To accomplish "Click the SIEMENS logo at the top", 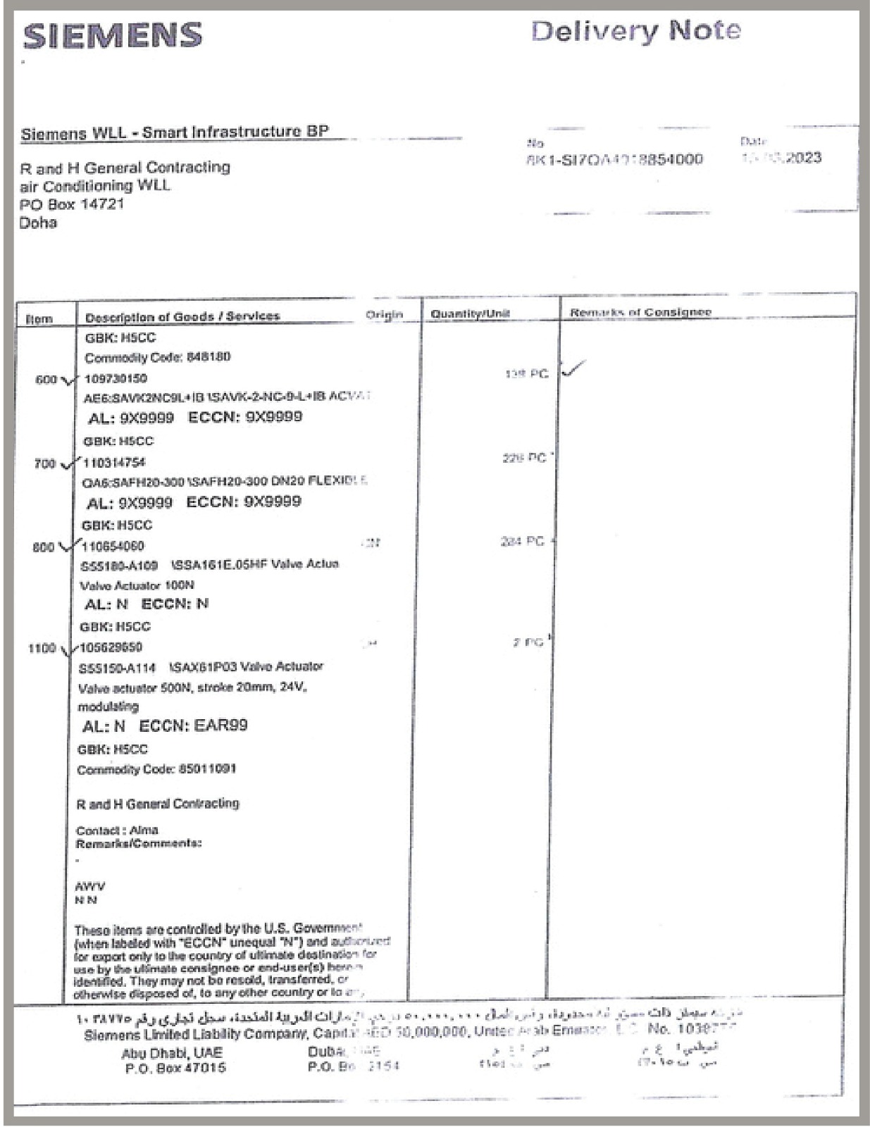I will coord(113,36).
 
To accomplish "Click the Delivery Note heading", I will coord(635,31).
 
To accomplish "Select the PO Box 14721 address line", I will coord(72,204).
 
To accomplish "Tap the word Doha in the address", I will coord(38,223).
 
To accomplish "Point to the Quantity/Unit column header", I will coord(470,313).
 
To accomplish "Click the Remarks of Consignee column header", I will coord(640,312).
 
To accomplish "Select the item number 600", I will coord(46,380).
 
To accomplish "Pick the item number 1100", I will coord(42,648).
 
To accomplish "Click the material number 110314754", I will coord(115,463).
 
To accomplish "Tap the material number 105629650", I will coord(112,647).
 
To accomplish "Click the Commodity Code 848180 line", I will coord(157,357).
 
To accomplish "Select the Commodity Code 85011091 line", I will coord(156,769).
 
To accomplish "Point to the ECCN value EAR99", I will coord(220,726).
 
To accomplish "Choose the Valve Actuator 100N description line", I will coord(137,585).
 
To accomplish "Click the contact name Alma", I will coord(144,830).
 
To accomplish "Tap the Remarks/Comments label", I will coord(138,844).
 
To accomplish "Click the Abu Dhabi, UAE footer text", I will coord(172,1053).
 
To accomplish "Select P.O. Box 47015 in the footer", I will coord(175,1069).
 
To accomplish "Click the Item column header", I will coord(39,319).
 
